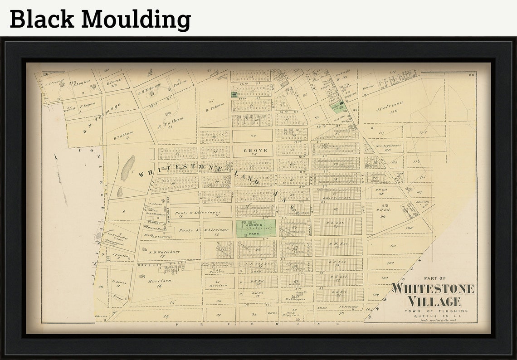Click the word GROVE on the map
[255, 150]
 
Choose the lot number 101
[393, 246]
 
